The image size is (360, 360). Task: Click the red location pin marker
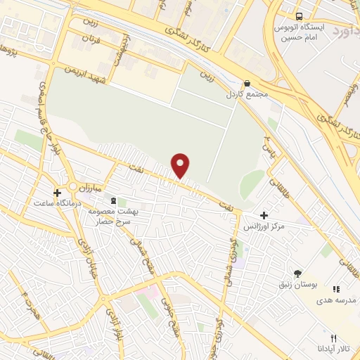[181, 166]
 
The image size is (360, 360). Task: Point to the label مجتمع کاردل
[243, 94]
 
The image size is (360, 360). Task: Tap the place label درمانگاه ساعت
[51, 202]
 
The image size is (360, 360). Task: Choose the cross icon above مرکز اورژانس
[264, 215]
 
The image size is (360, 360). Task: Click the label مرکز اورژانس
[268, 228]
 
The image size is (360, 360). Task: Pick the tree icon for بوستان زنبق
[300, 274]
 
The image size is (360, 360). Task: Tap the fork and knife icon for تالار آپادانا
[333, 338]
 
